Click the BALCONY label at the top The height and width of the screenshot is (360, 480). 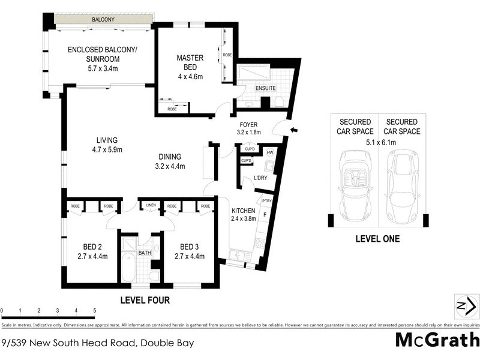click(103, 20)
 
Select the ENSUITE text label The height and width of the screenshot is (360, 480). click(266, 88)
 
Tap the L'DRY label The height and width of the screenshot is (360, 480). click(260, 178)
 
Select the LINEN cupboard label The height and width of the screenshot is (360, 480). click(151, 206)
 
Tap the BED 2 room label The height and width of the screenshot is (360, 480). click(93, 251)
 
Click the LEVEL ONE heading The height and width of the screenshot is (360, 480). click(377, 239)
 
